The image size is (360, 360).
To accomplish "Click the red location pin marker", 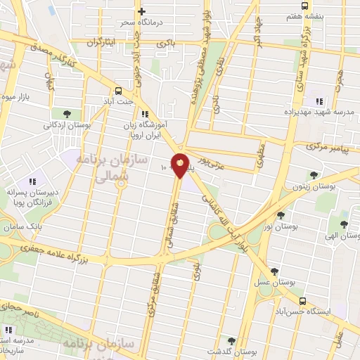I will (x=180, y=165).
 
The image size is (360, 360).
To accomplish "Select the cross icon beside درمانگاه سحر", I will (x=142, y=11).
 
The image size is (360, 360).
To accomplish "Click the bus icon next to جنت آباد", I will (x=117, y=91).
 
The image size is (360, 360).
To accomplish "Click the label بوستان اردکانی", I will (x=65, y=126).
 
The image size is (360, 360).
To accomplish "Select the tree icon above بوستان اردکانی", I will (x=67, y=114).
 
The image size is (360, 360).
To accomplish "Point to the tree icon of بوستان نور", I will (x=281, y=215).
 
